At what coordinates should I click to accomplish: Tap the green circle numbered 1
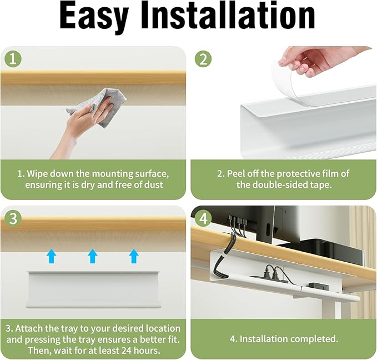(x=13, y=59)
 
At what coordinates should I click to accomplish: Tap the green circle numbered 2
(x=203, y=59)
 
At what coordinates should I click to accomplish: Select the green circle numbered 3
(x=13, y=219)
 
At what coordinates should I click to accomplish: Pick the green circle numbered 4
(x=203, y=219)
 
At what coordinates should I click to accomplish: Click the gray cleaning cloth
(x=100, y=107)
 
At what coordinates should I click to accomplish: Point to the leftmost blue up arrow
(x=51, y=256)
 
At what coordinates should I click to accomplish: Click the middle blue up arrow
(x=93, y=256)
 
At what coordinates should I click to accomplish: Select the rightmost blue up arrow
(x=134, y=256)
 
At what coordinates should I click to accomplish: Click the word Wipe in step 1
(x=37, y=174)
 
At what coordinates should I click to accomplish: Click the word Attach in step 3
(x=29, y=328)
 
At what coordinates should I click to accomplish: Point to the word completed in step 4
(x=314, y=339)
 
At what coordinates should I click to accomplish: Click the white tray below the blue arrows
(x=93, y=289)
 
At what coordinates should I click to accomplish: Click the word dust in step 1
(x=154, y=185)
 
